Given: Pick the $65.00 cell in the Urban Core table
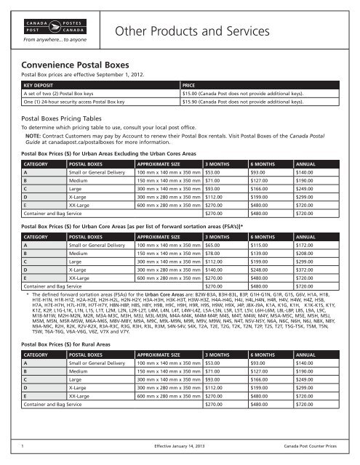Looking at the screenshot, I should pos(216,248).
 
